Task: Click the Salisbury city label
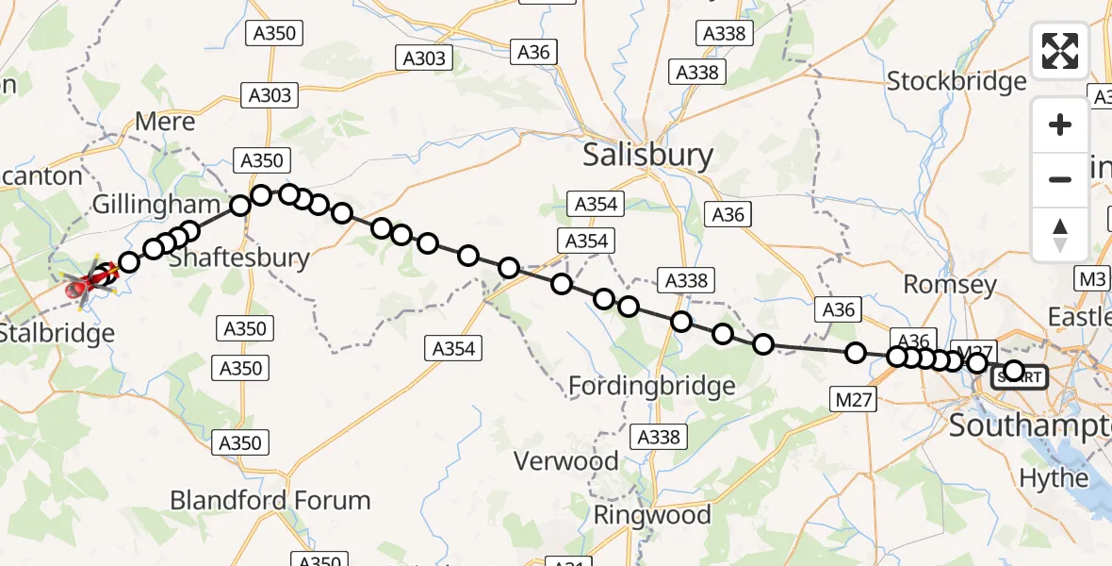pyautogui.click(x=647, y=155)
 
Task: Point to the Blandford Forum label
pyautogui.click(x=270, y=500)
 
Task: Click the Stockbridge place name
pyautogui.click(x=957, y=81)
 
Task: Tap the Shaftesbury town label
pyautogui.click(x=240, y=258)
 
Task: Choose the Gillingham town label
pyautogui.click(x=155, y=205)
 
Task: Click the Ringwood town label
pyautogui.click(x=652, y=515)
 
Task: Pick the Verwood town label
pyautogui.click(x=565, y=461)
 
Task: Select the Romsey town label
pyautogui.click(x=950, y=284)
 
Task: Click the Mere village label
pyautogui.click(x=165, y=122)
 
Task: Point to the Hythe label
pyautogui.click(x=1054, y=478)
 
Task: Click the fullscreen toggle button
pyautogui.click(x=1060, y=51)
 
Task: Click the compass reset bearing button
pyautogui.click(x=1060, y=234)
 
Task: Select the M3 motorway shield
pyautogui.click(x=1092, y=279)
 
